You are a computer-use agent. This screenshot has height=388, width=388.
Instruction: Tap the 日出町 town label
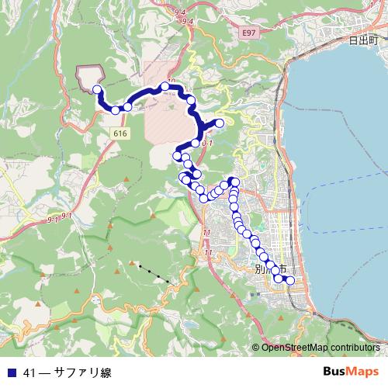pyautogui.click(x=362, y=39)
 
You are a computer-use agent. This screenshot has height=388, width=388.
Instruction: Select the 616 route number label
pyautogui.click(x=120, y=133)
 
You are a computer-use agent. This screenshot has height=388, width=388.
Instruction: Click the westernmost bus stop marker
pyautogui.click(x=98, y=89)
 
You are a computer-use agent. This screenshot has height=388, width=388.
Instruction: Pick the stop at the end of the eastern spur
pyautogui.click(x=220, y=123)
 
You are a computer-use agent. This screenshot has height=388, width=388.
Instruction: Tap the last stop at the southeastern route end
pyautogui.click(x=291, y=280)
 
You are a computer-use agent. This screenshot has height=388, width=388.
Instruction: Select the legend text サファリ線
pyautogui.click(x=82, y=372)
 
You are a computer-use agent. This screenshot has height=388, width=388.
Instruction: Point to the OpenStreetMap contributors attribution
pyautogui.click(x=320, y=348)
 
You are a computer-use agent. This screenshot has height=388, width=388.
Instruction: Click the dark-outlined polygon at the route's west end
pyautogui.click(x=88, y=76)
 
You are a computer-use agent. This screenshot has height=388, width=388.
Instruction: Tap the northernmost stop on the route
pyautogui.click(x=165, y=87)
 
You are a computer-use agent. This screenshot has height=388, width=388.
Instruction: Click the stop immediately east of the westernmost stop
pyautogui.click(x=115, y=110)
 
